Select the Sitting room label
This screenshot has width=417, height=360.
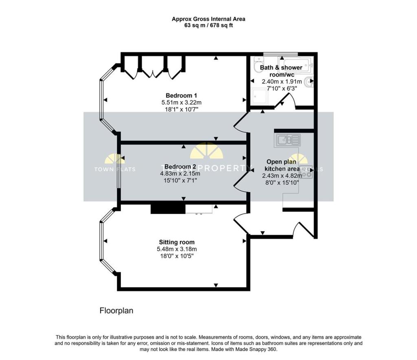point(176,242)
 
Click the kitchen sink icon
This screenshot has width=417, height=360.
point(288,140)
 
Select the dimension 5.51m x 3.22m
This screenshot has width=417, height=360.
point(182,103)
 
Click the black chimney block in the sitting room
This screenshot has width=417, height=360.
point(168,207)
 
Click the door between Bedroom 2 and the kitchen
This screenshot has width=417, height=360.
point(241,179)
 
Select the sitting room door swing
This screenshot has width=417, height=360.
point(241,222)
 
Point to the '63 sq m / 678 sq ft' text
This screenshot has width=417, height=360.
point(208,25)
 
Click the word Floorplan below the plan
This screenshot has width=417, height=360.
point(116,311)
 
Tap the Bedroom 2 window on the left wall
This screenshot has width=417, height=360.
point(118,171)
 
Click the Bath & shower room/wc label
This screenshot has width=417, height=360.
point(281,71)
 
